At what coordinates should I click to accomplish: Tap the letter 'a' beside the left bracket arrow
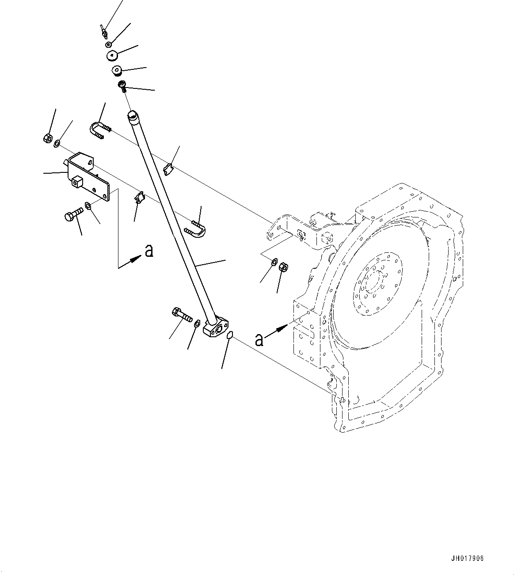point(149,251)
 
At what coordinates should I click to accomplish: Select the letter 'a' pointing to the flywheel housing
point(259,339)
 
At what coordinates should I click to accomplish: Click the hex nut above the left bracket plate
point(48,138)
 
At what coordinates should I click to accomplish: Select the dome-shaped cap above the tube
point(113,56)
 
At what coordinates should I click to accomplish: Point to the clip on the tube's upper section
point(168,169)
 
